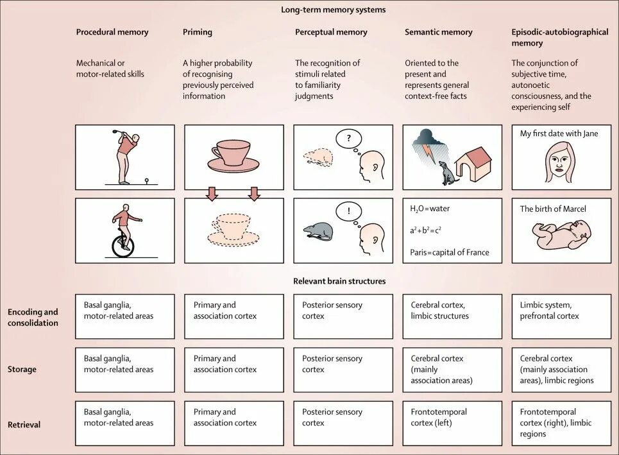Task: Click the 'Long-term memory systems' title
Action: [x=333, y=10]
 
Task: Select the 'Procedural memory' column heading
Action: [x=112, y=32]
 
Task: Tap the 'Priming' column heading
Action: [x=198, y=32]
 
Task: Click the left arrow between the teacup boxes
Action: [x=212, y=193]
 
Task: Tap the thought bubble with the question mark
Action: [x=349, y=139]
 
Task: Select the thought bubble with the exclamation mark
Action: [x=349, y=212]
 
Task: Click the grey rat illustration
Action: [x=319, y=231]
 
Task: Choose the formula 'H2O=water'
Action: [x=430, y=209]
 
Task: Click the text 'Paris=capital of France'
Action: [x=450, y=252]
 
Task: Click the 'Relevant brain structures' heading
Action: [x=339, y=281]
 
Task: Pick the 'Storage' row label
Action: [x=22, y=370]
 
